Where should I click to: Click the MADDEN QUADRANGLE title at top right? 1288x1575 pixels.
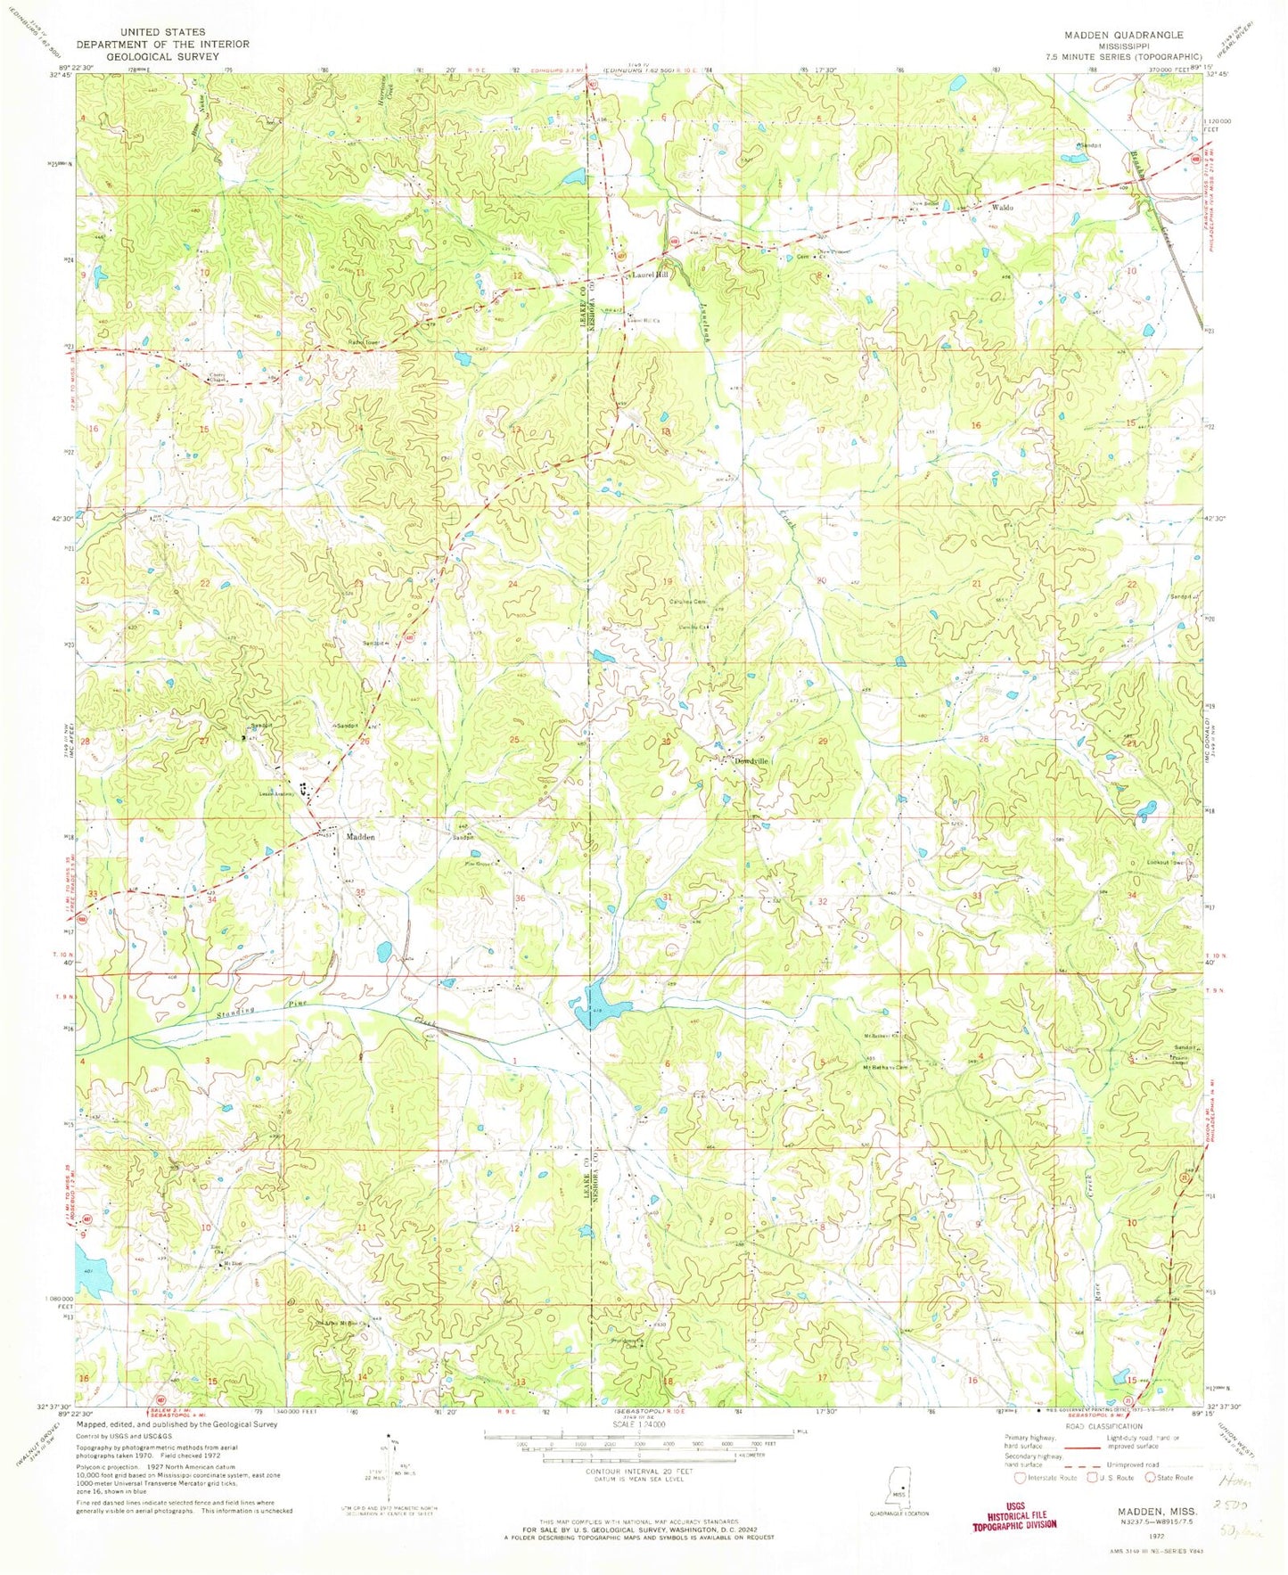tap(1122, 35)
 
